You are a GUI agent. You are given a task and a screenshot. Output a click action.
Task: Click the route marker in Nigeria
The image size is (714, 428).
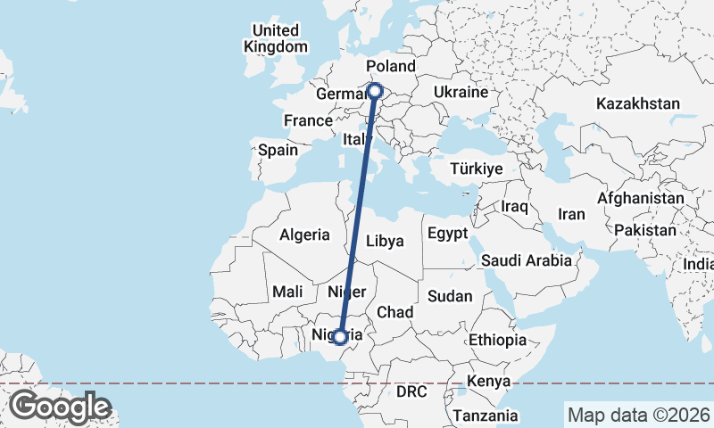coord(339,336)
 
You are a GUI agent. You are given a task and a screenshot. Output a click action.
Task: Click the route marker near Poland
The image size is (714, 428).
coord(376,90)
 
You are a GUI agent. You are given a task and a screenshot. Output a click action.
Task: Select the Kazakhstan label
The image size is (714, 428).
coord(639,103)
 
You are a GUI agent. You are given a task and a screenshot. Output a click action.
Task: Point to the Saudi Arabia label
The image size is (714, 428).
coord(526,261)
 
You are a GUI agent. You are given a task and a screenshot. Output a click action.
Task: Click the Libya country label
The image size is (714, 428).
coord(386,241)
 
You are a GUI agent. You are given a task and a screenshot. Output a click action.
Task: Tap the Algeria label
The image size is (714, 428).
coord(304,235)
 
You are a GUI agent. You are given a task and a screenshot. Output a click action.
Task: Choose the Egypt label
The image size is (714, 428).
coord(448,234)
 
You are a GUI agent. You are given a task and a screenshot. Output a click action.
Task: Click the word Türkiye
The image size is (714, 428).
coord(476,169)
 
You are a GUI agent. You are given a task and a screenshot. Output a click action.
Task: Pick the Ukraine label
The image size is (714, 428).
coord(461,92)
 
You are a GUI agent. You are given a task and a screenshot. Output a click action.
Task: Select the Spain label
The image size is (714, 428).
coord(278,150)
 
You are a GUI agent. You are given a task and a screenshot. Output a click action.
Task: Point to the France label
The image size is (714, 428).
coord(307,120)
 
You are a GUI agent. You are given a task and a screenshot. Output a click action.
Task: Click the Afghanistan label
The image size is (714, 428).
coord(641,197)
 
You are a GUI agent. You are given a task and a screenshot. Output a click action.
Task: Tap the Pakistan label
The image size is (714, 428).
coord(646,229)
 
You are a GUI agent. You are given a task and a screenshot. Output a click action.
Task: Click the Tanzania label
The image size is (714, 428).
coord(485,416)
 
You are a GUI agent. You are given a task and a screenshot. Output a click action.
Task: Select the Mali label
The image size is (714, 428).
coord(287,291)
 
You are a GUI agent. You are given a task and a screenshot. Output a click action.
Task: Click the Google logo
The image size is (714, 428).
coord(60,407)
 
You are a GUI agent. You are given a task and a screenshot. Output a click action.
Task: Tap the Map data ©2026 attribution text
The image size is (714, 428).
coord(638,415)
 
